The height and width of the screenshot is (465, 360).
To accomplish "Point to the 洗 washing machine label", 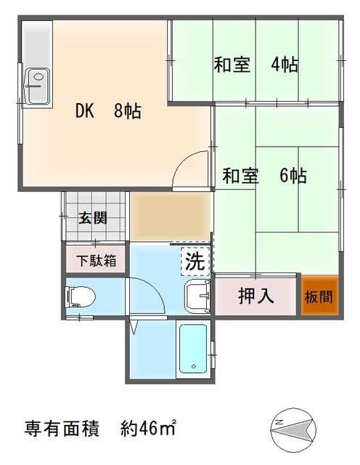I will click(x=195, y=262).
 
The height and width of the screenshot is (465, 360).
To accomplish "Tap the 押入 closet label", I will click(x=256, y=296).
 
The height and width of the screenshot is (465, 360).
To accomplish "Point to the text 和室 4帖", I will click(x=255, y=65).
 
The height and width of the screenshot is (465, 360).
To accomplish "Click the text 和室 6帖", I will click(x=263, y=176).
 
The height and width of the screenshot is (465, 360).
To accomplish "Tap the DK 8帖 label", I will click(x=108, y=112).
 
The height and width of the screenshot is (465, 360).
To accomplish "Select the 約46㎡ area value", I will click(x=149, y=427).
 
